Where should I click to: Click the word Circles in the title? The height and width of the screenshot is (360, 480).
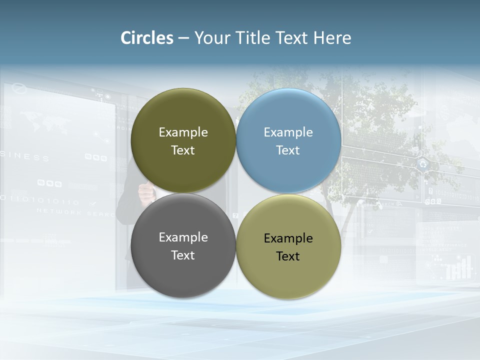[147, 38]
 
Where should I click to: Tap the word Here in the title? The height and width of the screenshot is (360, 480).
[332, 38]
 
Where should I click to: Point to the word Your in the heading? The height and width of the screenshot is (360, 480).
[211, 38]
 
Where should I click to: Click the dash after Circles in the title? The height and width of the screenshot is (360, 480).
[183, 38]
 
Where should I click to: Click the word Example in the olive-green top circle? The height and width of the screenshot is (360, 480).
[183, 132]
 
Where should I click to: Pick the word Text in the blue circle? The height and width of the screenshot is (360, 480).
[288, 150]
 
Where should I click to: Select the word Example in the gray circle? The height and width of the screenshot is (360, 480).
[183, 237]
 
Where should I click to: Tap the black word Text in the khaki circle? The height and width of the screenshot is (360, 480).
[288, 256]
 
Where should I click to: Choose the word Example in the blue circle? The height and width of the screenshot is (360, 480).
[288, 132]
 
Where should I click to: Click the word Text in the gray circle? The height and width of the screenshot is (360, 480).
[183, 255]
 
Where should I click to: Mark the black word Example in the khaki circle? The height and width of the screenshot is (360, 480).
[288, 238]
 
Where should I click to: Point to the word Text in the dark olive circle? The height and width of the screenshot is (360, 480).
[183, 150]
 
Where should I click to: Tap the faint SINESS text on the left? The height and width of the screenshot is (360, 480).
[25, 158]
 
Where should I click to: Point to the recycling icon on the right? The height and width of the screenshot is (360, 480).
[423, 163]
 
